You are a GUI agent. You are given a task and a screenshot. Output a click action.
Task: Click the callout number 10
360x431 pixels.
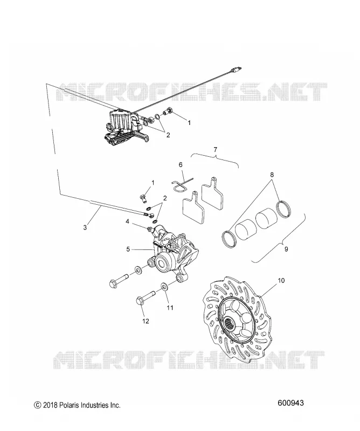tap(281, 281)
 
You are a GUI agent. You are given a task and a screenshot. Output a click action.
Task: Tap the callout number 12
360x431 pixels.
tap(146, 321)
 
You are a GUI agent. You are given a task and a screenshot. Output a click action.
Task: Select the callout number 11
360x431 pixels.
tap(170, 307)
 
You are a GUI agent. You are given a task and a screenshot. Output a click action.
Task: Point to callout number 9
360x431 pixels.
tap(286, 249)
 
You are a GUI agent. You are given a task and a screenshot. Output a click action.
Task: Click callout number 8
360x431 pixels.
tap(272, 174)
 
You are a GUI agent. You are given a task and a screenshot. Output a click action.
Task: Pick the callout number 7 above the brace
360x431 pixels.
tap(215, 150)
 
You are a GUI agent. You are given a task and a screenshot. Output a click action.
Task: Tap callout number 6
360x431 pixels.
tap(181, 164)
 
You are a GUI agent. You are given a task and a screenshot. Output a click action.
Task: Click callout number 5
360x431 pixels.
tap(128, 249)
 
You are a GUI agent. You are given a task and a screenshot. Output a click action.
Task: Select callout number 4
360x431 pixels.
tap(127, 221)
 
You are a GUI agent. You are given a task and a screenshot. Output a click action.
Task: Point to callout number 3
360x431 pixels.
tap(85, 227)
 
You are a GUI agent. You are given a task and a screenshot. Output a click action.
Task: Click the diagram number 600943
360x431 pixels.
tap(290, 403)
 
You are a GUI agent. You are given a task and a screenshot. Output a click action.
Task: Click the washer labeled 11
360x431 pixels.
tap(165, 287)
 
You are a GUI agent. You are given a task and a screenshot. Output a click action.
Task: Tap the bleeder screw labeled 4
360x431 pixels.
tap(150, 228)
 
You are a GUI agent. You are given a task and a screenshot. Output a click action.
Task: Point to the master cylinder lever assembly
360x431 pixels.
tap(124, 127)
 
